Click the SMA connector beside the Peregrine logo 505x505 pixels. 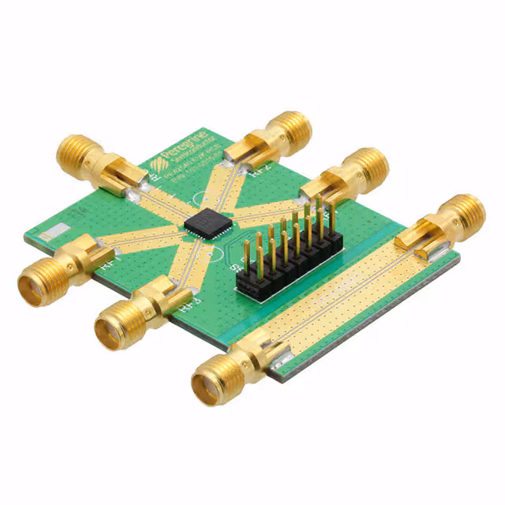click(x=87, y=158)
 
